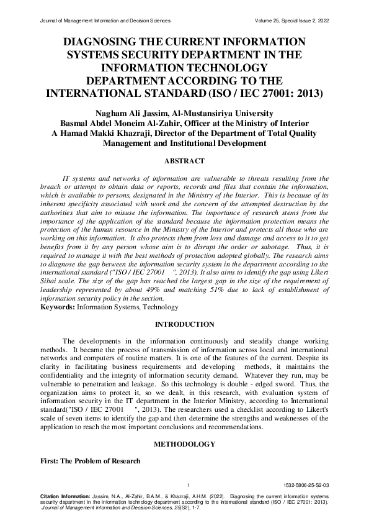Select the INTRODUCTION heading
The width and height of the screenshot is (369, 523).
pos(184,324)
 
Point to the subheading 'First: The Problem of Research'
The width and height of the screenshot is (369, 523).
pos(91,461)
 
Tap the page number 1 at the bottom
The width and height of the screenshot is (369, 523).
pos(187,484)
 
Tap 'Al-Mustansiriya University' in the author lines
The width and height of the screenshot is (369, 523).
pos(224,113)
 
